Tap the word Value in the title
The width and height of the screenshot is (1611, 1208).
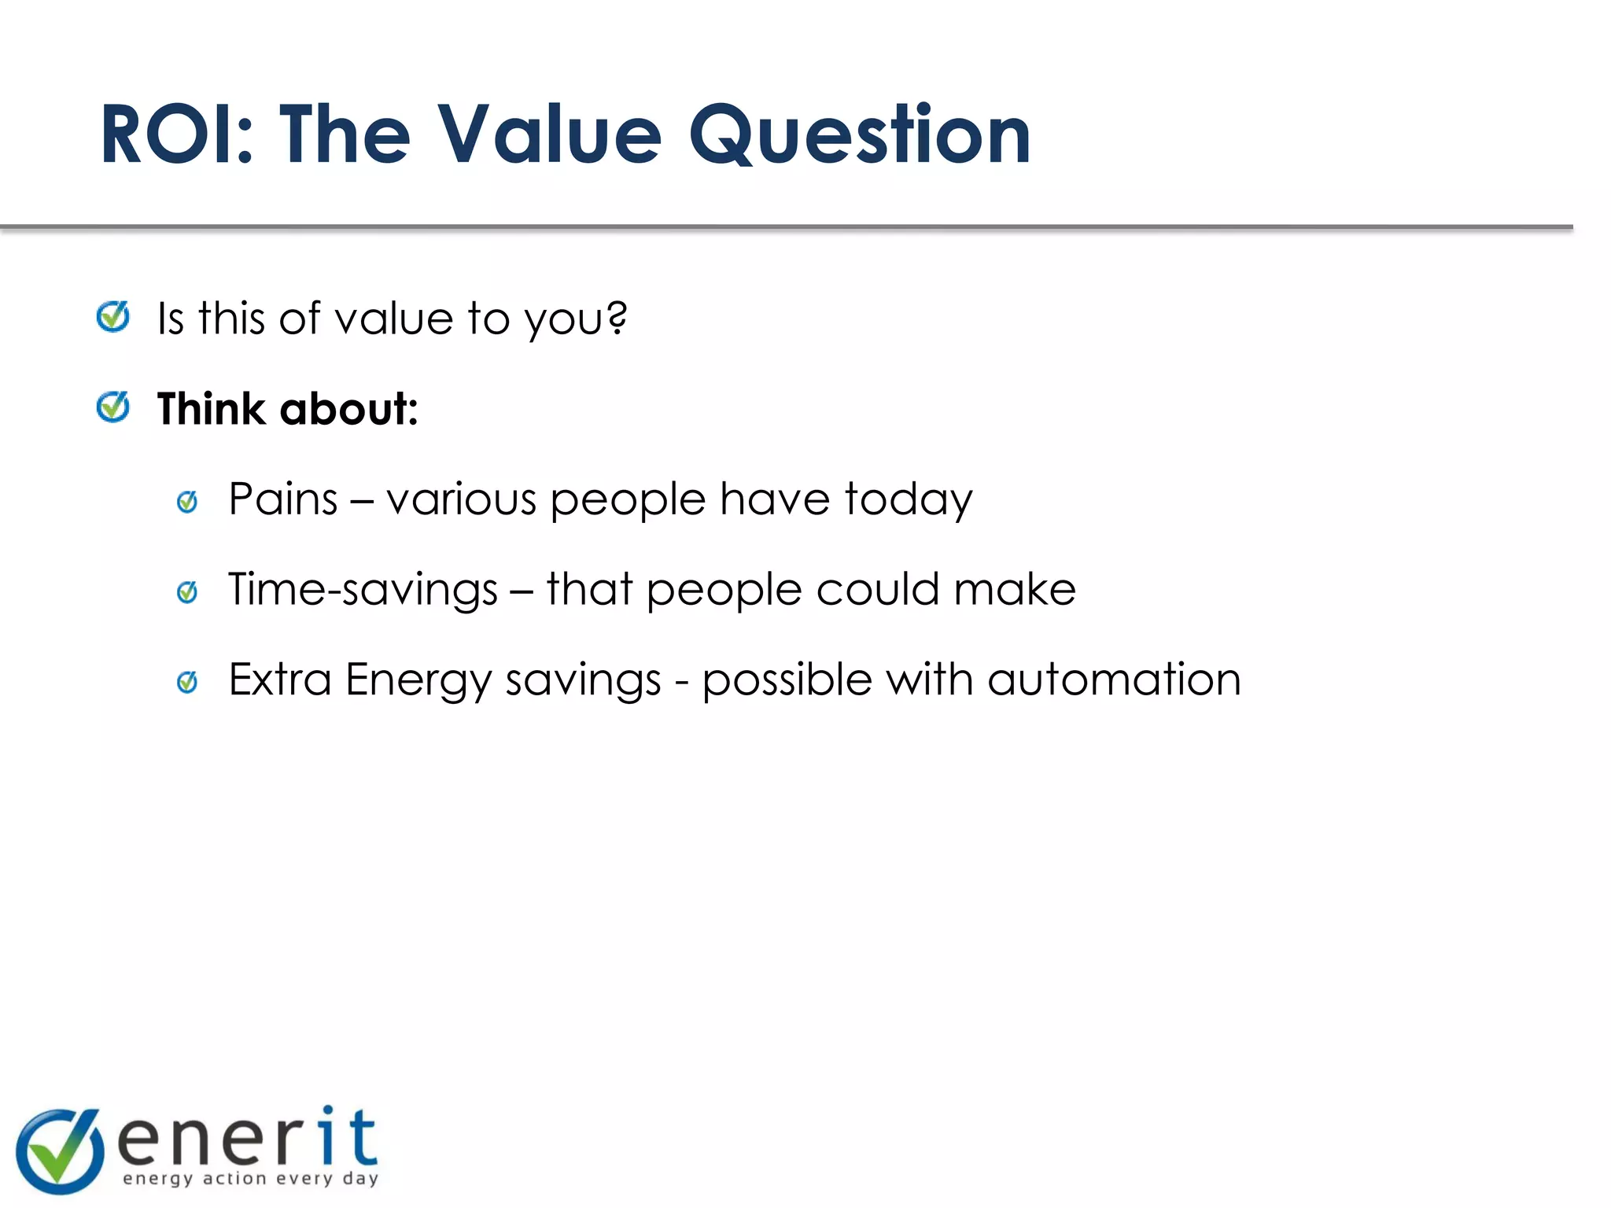point(549,135)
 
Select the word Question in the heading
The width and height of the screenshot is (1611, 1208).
point(859,135)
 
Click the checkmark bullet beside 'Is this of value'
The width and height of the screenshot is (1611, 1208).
point(113,317)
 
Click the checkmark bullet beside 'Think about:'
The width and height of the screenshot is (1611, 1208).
point(113,407)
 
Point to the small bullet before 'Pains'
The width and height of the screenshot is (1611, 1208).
point(187,501)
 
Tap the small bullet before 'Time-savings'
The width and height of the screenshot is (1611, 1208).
point(187,591)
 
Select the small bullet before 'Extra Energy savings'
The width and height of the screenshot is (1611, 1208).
point(187,682)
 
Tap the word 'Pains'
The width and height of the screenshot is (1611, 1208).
point(283,499)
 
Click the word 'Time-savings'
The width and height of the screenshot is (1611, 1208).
point(363,591)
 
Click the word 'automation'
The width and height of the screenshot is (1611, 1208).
point(1114,679)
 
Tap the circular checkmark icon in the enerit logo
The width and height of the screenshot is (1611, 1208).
point(60,1150)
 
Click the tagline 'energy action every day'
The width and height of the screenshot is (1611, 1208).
point(251,1178)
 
